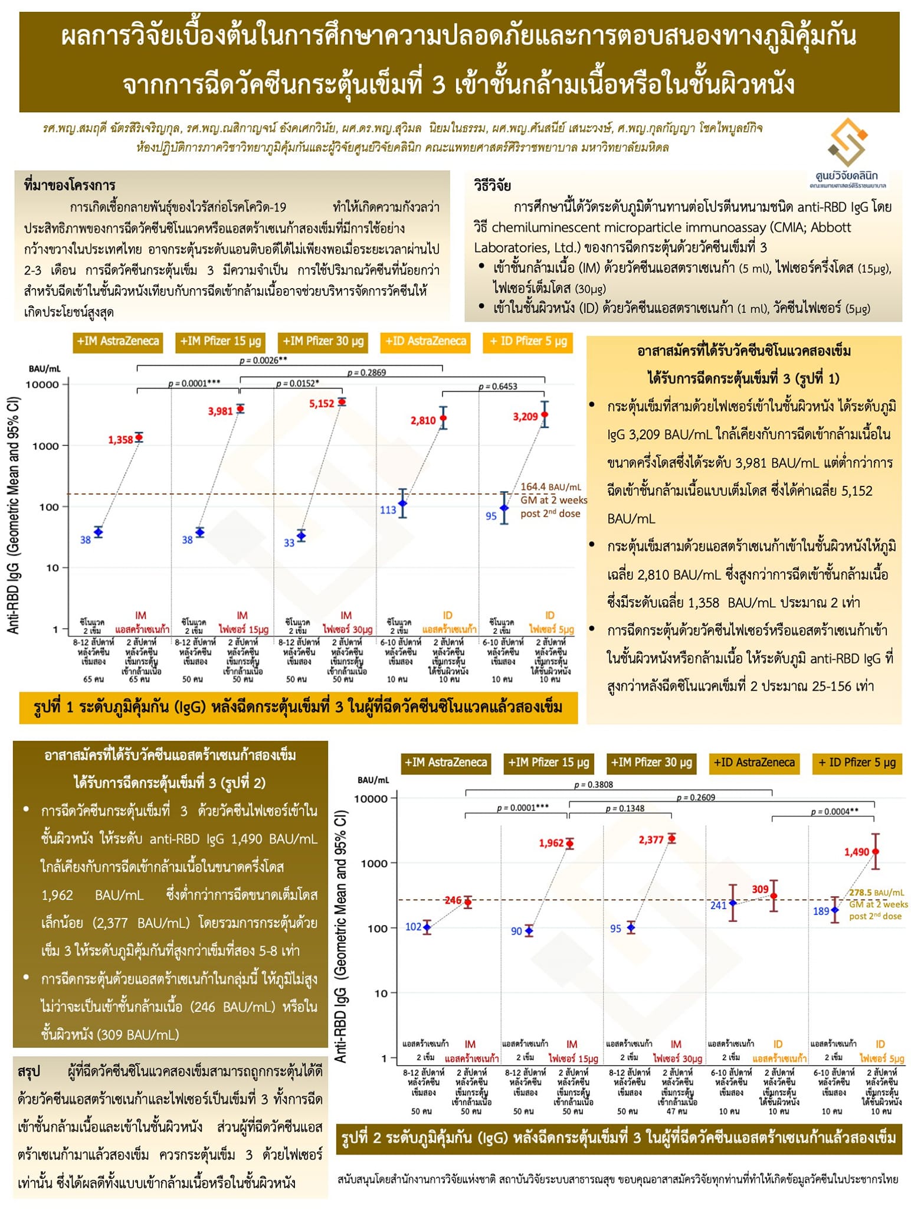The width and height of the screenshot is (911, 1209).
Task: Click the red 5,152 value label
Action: tap(322, 404)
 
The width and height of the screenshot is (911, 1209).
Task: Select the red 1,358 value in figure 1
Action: tap(120, 440)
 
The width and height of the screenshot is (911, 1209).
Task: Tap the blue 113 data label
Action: tap(388, 510)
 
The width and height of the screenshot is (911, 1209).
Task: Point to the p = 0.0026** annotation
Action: tap(263, 360)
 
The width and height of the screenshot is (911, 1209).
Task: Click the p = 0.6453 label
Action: tap(497, 386)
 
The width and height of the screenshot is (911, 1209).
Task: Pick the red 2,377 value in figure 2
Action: tap(651, 839)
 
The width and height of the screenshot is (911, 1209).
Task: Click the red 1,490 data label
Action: tap(856, 852)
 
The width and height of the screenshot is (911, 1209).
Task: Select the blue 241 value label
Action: tap(718, 906)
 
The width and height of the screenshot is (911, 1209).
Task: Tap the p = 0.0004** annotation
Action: tap(834, 812)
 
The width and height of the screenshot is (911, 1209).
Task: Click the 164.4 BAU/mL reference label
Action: tap(550, 487)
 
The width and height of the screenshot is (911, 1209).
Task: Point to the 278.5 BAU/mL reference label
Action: tap(877, 893)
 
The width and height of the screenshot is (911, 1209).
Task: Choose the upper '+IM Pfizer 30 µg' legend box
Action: tap(323, 341)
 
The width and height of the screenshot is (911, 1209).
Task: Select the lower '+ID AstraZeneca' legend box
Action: tap(754, 763)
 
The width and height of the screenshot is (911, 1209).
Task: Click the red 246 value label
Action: tap(453, 900)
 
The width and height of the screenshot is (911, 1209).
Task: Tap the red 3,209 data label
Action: tap(525, 417)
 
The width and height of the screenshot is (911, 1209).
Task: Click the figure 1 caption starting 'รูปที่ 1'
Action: tap(298, 707)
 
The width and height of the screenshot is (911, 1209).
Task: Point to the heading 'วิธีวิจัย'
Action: tap(492, 185)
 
